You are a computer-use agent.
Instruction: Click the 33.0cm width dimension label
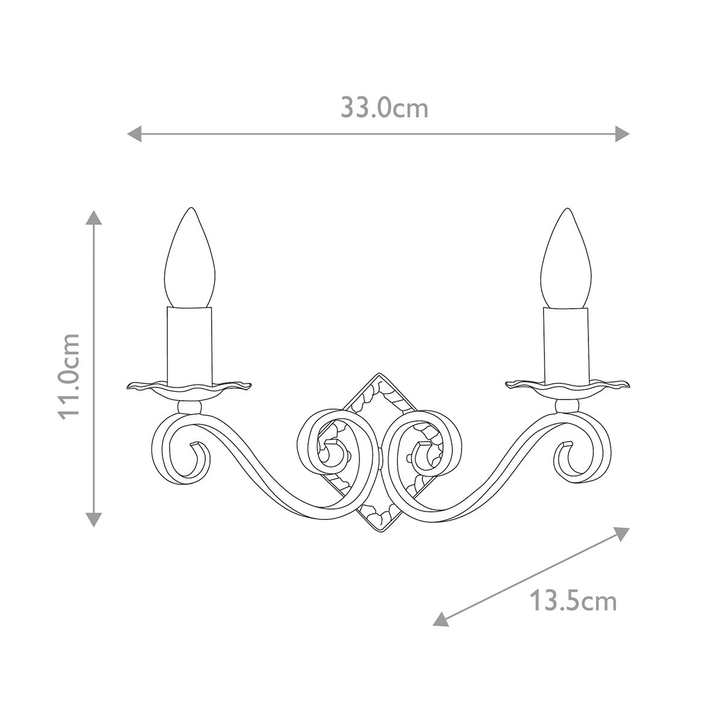(x=384, y=108)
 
